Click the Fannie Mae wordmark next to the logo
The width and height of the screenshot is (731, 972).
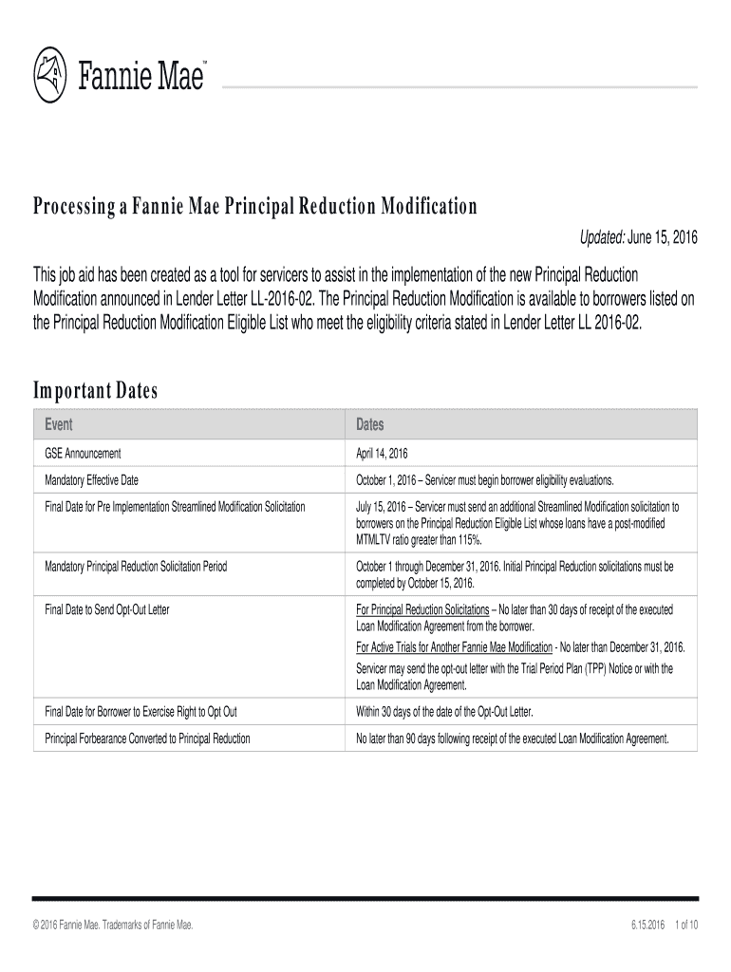pos(141,73)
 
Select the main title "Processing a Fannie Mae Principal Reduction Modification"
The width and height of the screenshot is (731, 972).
pos(255,207)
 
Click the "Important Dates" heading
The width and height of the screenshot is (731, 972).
pos(95,391)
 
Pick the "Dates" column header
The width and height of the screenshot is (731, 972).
pos(370,424)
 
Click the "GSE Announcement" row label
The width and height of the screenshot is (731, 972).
pos(83,454)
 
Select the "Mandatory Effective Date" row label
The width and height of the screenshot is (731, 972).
pos(99,480)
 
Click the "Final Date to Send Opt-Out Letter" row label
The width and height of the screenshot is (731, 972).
pos(107,609)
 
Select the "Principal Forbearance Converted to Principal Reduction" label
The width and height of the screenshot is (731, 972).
pos(148,738)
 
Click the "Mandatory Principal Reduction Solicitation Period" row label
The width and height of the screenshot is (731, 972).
pos(136,567)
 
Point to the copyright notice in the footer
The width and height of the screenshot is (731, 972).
pos(114,925)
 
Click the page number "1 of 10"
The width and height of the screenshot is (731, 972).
pos(684,925)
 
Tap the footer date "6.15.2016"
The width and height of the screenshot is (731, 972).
pos(646,925)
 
